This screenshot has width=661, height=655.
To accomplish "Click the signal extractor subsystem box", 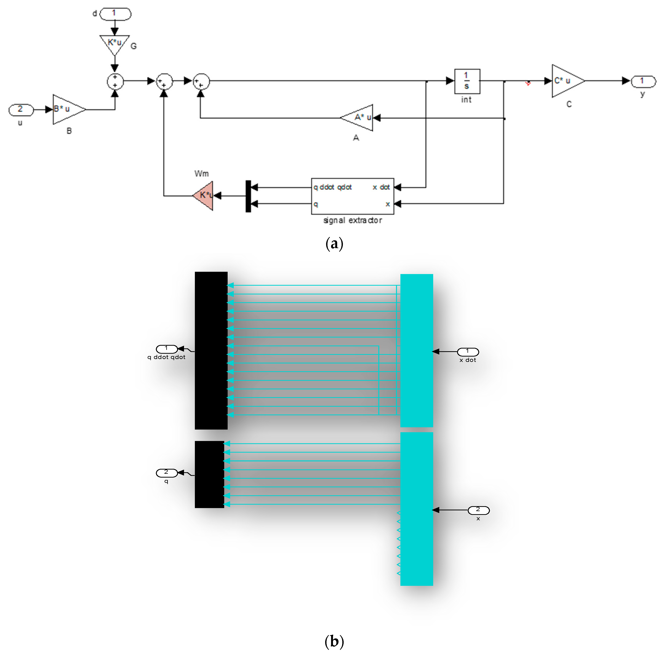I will [352, 196].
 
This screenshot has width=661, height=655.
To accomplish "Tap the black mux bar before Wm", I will [248, 196].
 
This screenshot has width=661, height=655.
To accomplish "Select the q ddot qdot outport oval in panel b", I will [167, 349].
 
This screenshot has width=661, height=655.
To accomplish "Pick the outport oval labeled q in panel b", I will [167, 473].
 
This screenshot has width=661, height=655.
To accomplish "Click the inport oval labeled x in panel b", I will [478, 510].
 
